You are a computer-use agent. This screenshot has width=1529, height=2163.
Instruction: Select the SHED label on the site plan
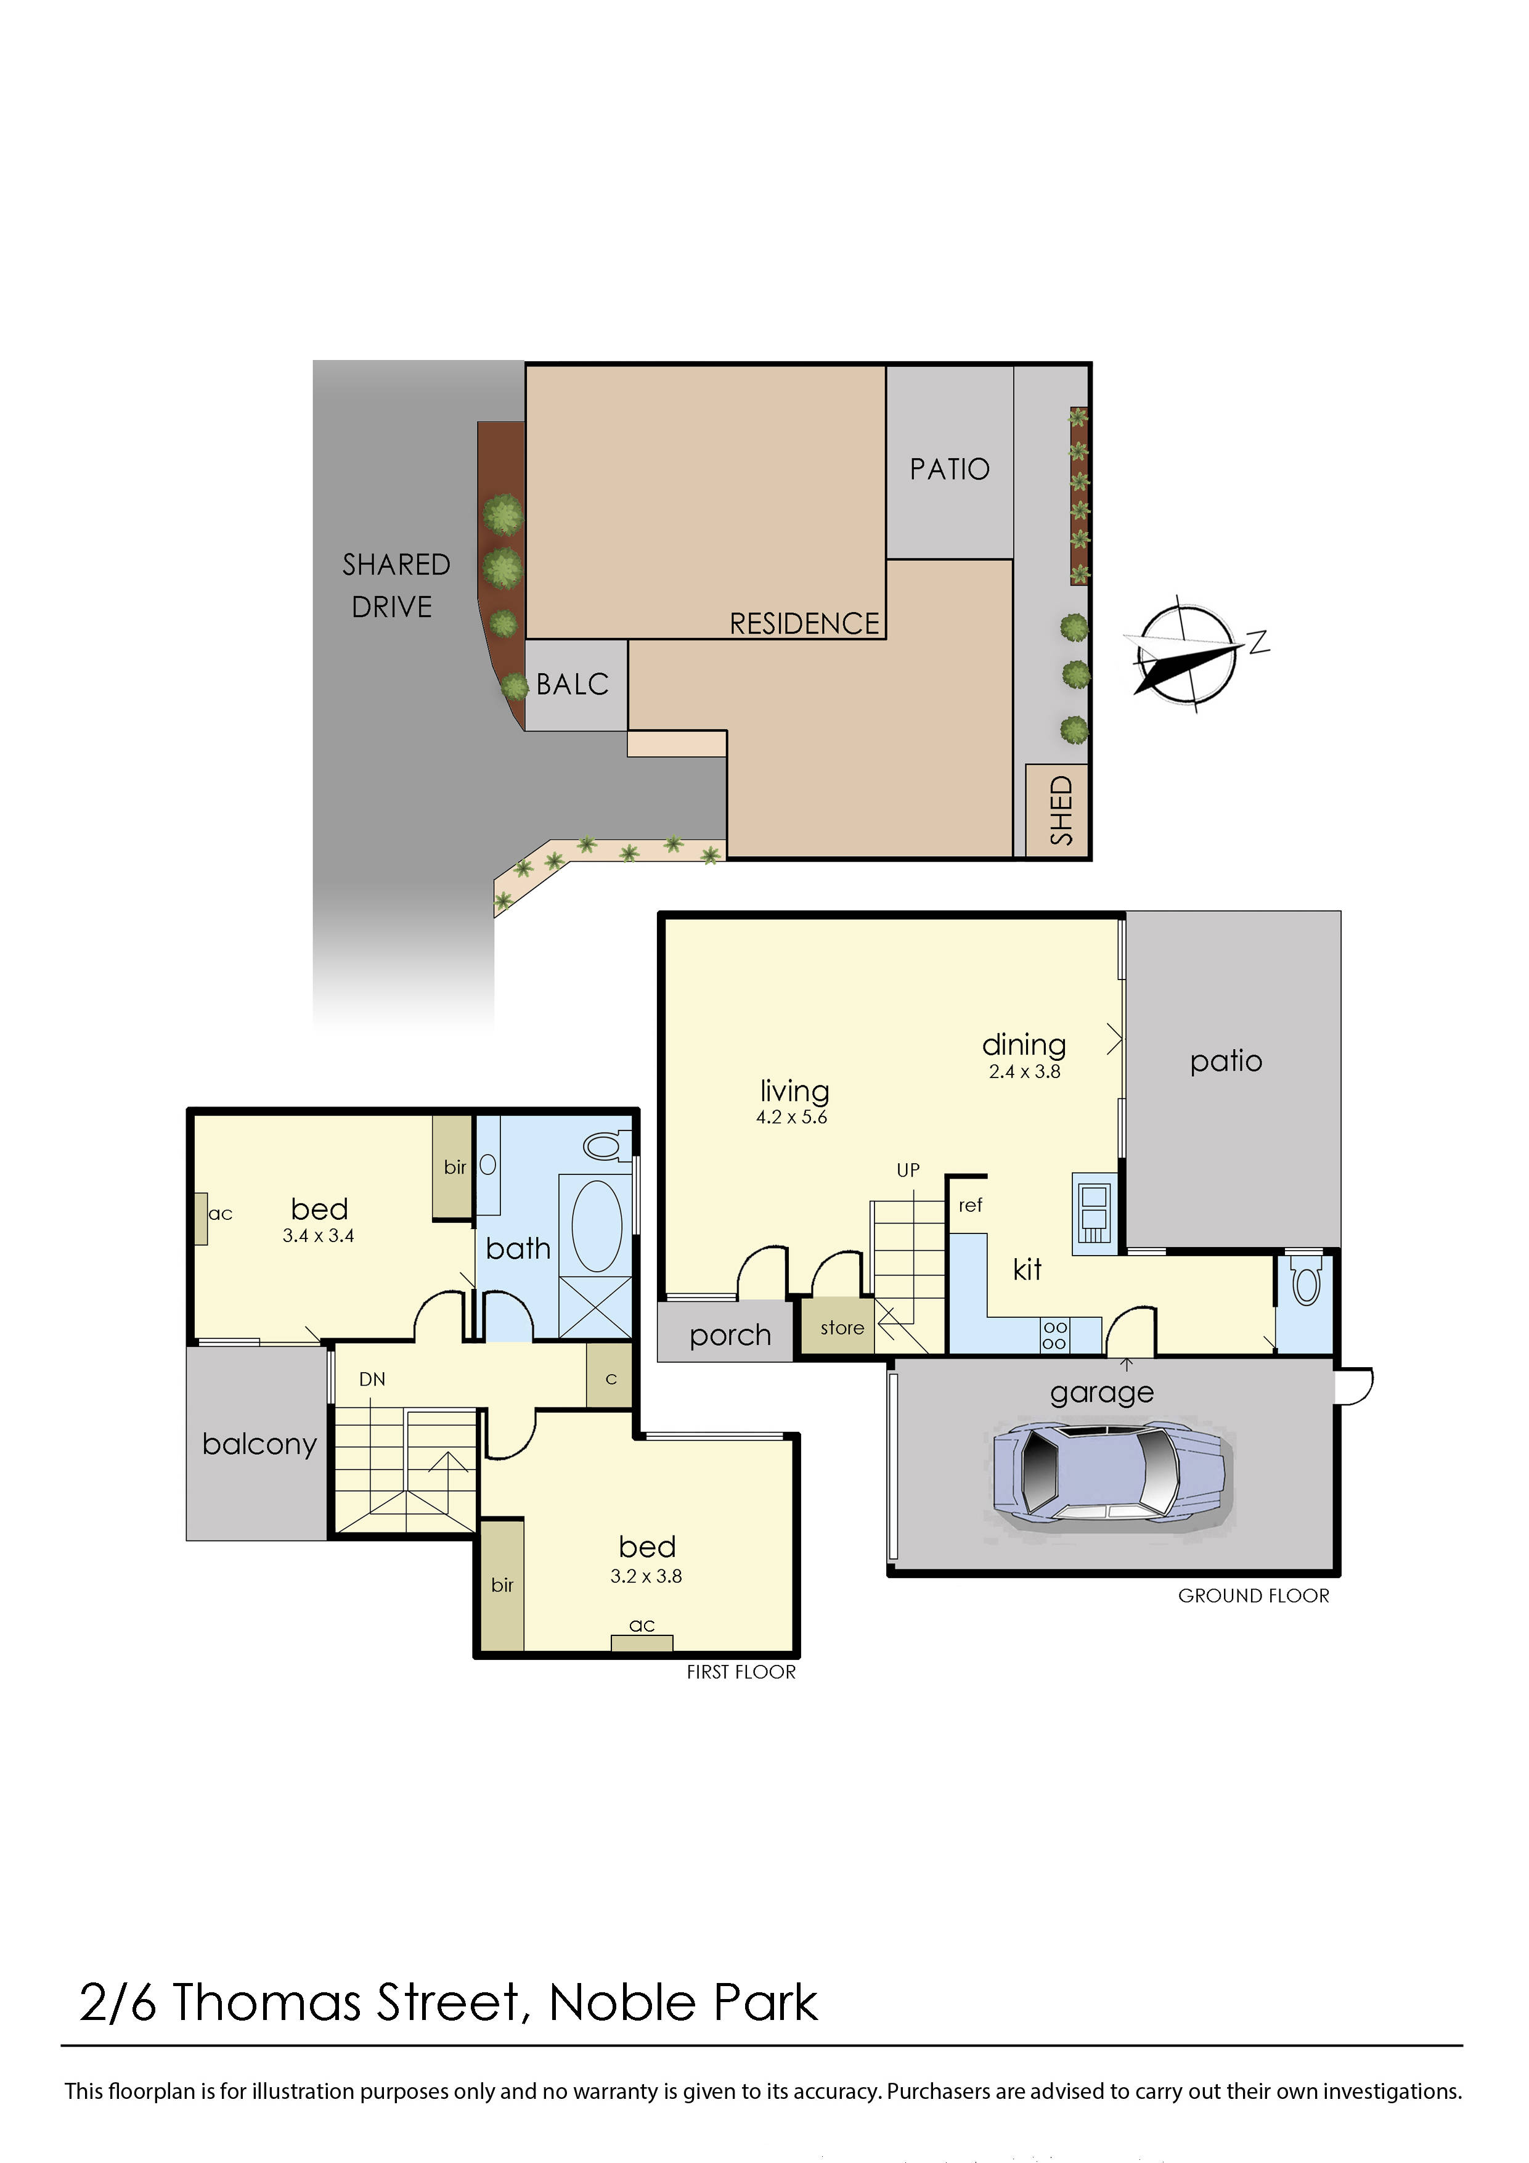[x=1061, y=810]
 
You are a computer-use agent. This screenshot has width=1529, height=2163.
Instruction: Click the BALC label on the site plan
[x=572, y=685]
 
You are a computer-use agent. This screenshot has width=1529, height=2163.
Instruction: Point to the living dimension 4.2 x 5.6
[x=791, y=1118]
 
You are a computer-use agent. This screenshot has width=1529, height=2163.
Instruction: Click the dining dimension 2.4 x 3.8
[x=1024, y=1071]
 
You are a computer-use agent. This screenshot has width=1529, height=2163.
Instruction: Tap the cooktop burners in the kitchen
[x=1054, y=1335]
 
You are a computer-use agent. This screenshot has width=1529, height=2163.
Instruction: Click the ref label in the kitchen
[x=971, y=1205]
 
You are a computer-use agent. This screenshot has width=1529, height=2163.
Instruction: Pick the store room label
[x=841, y=1327]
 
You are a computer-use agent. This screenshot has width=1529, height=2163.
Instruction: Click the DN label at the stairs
[x=372, y=1379]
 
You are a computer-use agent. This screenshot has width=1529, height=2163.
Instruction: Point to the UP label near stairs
[x=907, y=1170]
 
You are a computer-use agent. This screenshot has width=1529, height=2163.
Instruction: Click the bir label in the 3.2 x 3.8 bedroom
[x=502, y=1585]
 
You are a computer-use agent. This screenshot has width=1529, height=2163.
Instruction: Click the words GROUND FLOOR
[x=1253, y=1596]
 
